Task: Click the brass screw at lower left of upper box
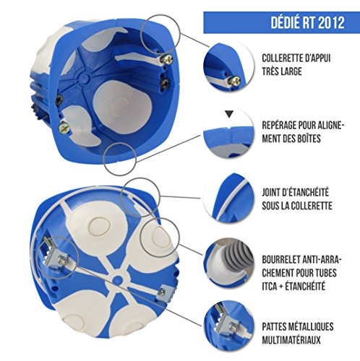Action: pyautogui.click(x=62, y=128)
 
